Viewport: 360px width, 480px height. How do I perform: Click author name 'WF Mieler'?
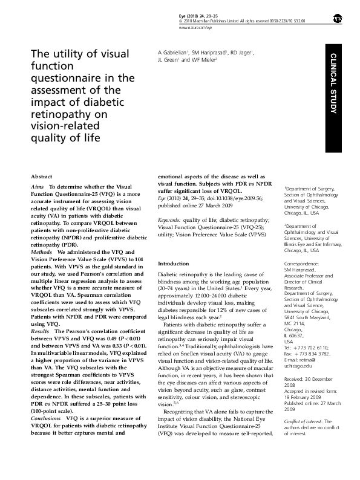[x=203, y=60]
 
